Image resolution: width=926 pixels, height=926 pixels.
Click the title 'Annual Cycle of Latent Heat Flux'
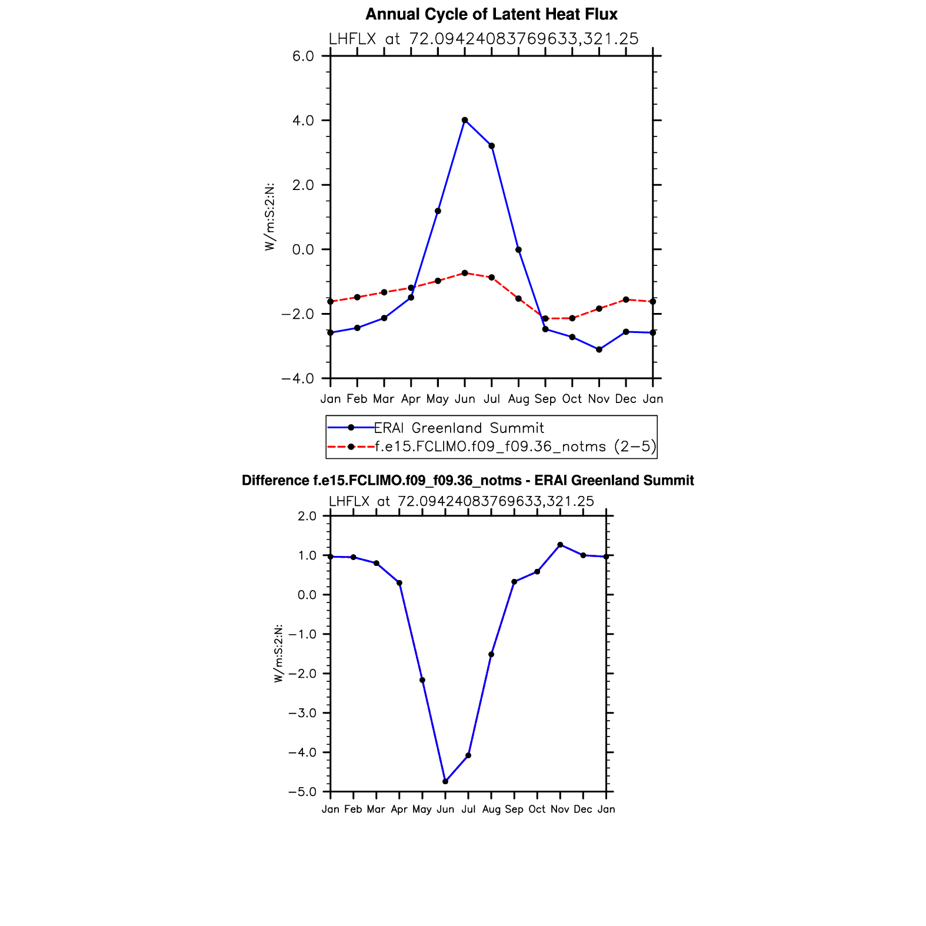point(491,14)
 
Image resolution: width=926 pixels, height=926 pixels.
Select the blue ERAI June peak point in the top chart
point(465,120)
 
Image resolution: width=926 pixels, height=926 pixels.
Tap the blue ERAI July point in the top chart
point(492,146)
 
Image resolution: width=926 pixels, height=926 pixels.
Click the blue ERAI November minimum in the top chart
point(599,349)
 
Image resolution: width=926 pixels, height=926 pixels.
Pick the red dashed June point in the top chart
point(465,273)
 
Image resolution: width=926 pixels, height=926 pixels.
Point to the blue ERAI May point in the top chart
point(438,211)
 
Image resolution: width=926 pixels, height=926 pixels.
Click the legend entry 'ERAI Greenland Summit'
point(459,428)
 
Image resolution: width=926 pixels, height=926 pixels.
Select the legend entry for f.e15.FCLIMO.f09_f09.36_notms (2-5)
point(515,447)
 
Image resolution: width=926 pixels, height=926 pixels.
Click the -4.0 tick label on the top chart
point(298,378)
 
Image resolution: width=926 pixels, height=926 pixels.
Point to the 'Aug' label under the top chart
point(518,399)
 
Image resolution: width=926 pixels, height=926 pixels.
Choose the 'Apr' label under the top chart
point(411,399)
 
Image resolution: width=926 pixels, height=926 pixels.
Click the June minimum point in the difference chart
point(445,782)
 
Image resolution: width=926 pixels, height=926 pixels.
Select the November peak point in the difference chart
point(560,545)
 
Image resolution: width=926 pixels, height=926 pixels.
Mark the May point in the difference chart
point(422,680)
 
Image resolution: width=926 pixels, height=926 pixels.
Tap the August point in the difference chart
point(491,654)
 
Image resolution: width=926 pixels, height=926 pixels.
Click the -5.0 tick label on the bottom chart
point(302,792)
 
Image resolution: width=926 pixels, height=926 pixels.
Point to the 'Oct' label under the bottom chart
point(537,810)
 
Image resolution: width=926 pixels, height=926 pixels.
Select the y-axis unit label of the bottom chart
point(278,653)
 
